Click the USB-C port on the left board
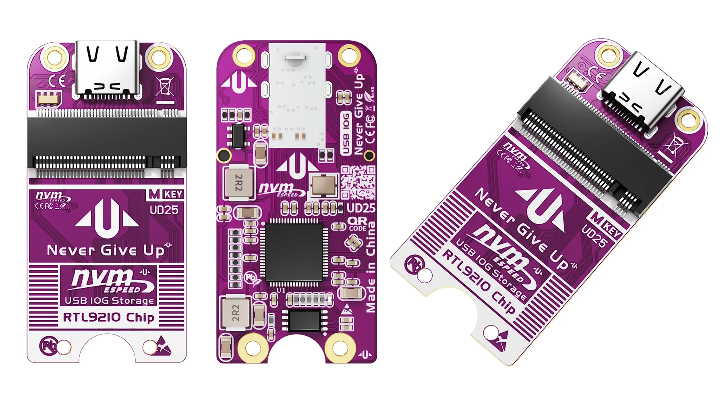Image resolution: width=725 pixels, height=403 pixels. [x=107, y=69]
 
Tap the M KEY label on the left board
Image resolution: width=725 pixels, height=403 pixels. [x=166, y=194]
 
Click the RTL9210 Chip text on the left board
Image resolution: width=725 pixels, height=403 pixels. [x=108, y=318]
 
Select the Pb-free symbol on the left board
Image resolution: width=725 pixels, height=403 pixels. [x=48, y=346]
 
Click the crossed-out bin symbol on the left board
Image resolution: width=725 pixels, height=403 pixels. [x=165, y=87]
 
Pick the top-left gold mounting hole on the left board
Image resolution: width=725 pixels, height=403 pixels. [x=55, y=56]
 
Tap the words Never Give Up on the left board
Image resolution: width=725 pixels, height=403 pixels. [x=106, y=251]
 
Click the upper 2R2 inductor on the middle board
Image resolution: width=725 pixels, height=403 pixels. [x=238, y=183]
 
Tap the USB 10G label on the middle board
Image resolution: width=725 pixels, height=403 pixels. [x=346, y=133]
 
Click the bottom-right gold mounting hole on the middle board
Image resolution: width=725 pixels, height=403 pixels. [x=340, y=347]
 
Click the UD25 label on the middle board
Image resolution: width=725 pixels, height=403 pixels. [x=361, y=208]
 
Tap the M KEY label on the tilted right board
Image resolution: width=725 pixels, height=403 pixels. [x=606, y=226]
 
